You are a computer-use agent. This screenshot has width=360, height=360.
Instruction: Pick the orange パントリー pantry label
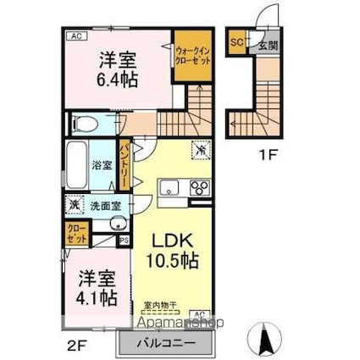(124, 167)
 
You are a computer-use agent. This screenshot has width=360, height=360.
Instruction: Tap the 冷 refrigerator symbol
(200, 150)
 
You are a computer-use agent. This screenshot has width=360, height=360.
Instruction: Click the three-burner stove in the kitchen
(200, 188)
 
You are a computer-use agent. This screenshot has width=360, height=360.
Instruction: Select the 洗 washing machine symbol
(74, 204)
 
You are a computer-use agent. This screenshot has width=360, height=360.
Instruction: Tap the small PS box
(125, 241)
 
